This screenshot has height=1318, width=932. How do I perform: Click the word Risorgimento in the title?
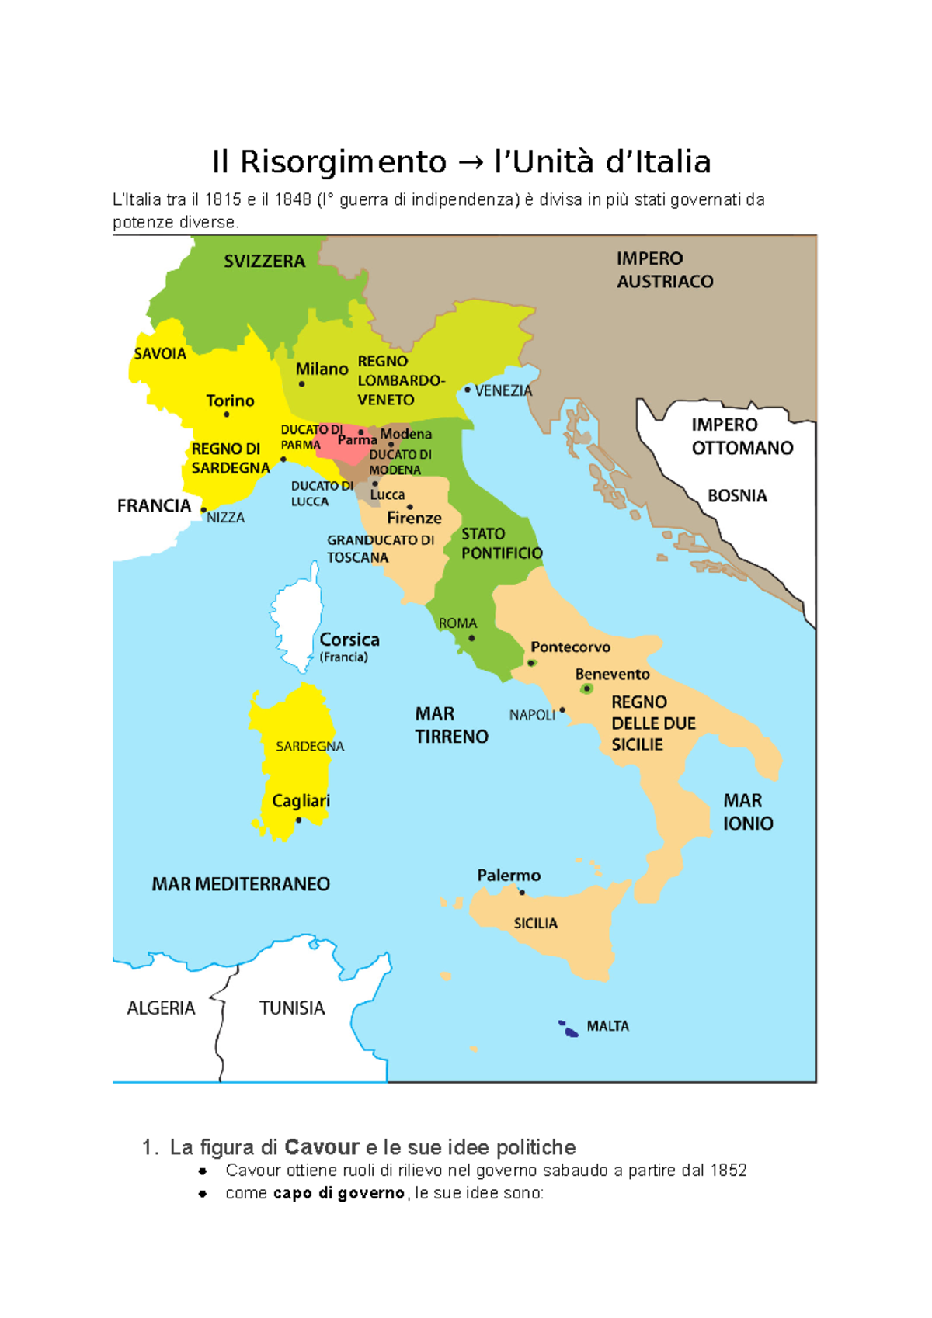[343, 162]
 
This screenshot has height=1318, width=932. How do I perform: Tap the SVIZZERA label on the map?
[264, 262]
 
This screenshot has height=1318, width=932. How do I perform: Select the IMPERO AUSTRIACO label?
[664, 270]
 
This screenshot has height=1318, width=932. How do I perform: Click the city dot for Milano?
[302, 384]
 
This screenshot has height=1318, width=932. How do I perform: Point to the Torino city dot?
[227, 414]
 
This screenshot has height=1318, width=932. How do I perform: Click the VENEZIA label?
[503, 390]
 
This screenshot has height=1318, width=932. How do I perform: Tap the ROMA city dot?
[471, 638]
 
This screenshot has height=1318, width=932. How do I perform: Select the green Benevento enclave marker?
[587, 688]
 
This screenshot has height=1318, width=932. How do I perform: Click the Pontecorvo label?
[570, 647]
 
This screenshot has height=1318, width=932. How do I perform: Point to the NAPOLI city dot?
[562, 709]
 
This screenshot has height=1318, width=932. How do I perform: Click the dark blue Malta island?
[571, 1032]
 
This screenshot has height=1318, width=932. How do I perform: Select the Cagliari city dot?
[299, 820]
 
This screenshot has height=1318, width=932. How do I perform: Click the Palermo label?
[509, 876]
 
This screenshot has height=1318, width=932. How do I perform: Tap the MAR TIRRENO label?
[450, 725]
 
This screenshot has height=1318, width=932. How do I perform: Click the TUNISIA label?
[292, 1008]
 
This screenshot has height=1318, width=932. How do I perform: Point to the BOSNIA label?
[737, 496]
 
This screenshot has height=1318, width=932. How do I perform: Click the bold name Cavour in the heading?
[322, 1147]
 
